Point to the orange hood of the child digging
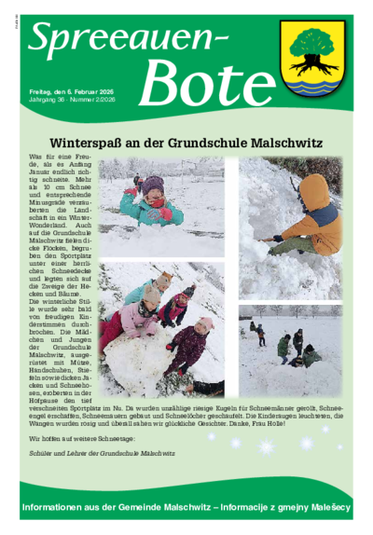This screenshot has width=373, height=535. (317, 191)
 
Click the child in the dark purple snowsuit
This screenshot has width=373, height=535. (191, 345)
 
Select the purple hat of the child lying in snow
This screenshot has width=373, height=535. (153, 185)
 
